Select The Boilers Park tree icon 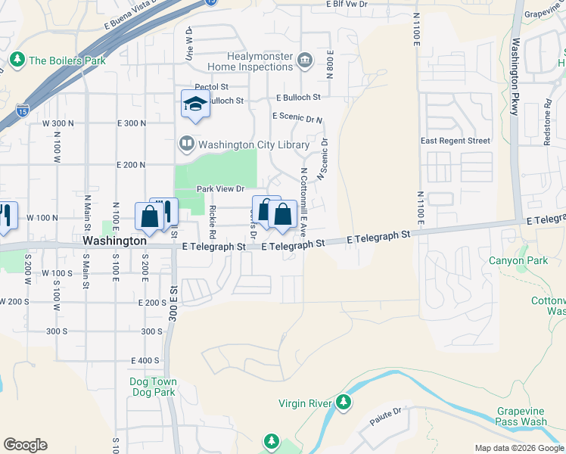[17, 59]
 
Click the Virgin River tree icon [344, 402]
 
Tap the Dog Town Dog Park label [152, 387]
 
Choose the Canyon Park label [519, 261]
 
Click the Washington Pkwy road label [515, 76]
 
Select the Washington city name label [114, 240]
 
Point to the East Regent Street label [456, 141]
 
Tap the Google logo [25, 445]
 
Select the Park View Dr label [221, 188]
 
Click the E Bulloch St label [298, 98]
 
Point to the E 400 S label [145, 360]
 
